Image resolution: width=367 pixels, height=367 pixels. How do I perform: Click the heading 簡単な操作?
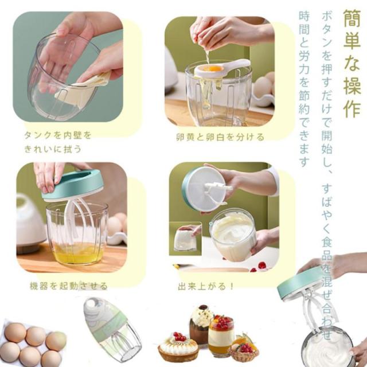(352, 63)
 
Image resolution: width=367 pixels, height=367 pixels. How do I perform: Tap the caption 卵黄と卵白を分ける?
(220, 137)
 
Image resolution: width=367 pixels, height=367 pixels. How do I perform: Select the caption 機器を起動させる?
(69, 286)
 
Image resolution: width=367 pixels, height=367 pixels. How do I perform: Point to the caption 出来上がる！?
(206, 286)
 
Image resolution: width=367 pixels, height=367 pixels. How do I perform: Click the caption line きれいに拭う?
(53, 149)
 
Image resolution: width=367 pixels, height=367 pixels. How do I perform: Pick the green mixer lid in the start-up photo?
(73, 185)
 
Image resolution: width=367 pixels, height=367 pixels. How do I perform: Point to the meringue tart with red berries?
(178, 346)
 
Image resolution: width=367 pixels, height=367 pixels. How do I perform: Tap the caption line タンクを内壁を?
(58, 135)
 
